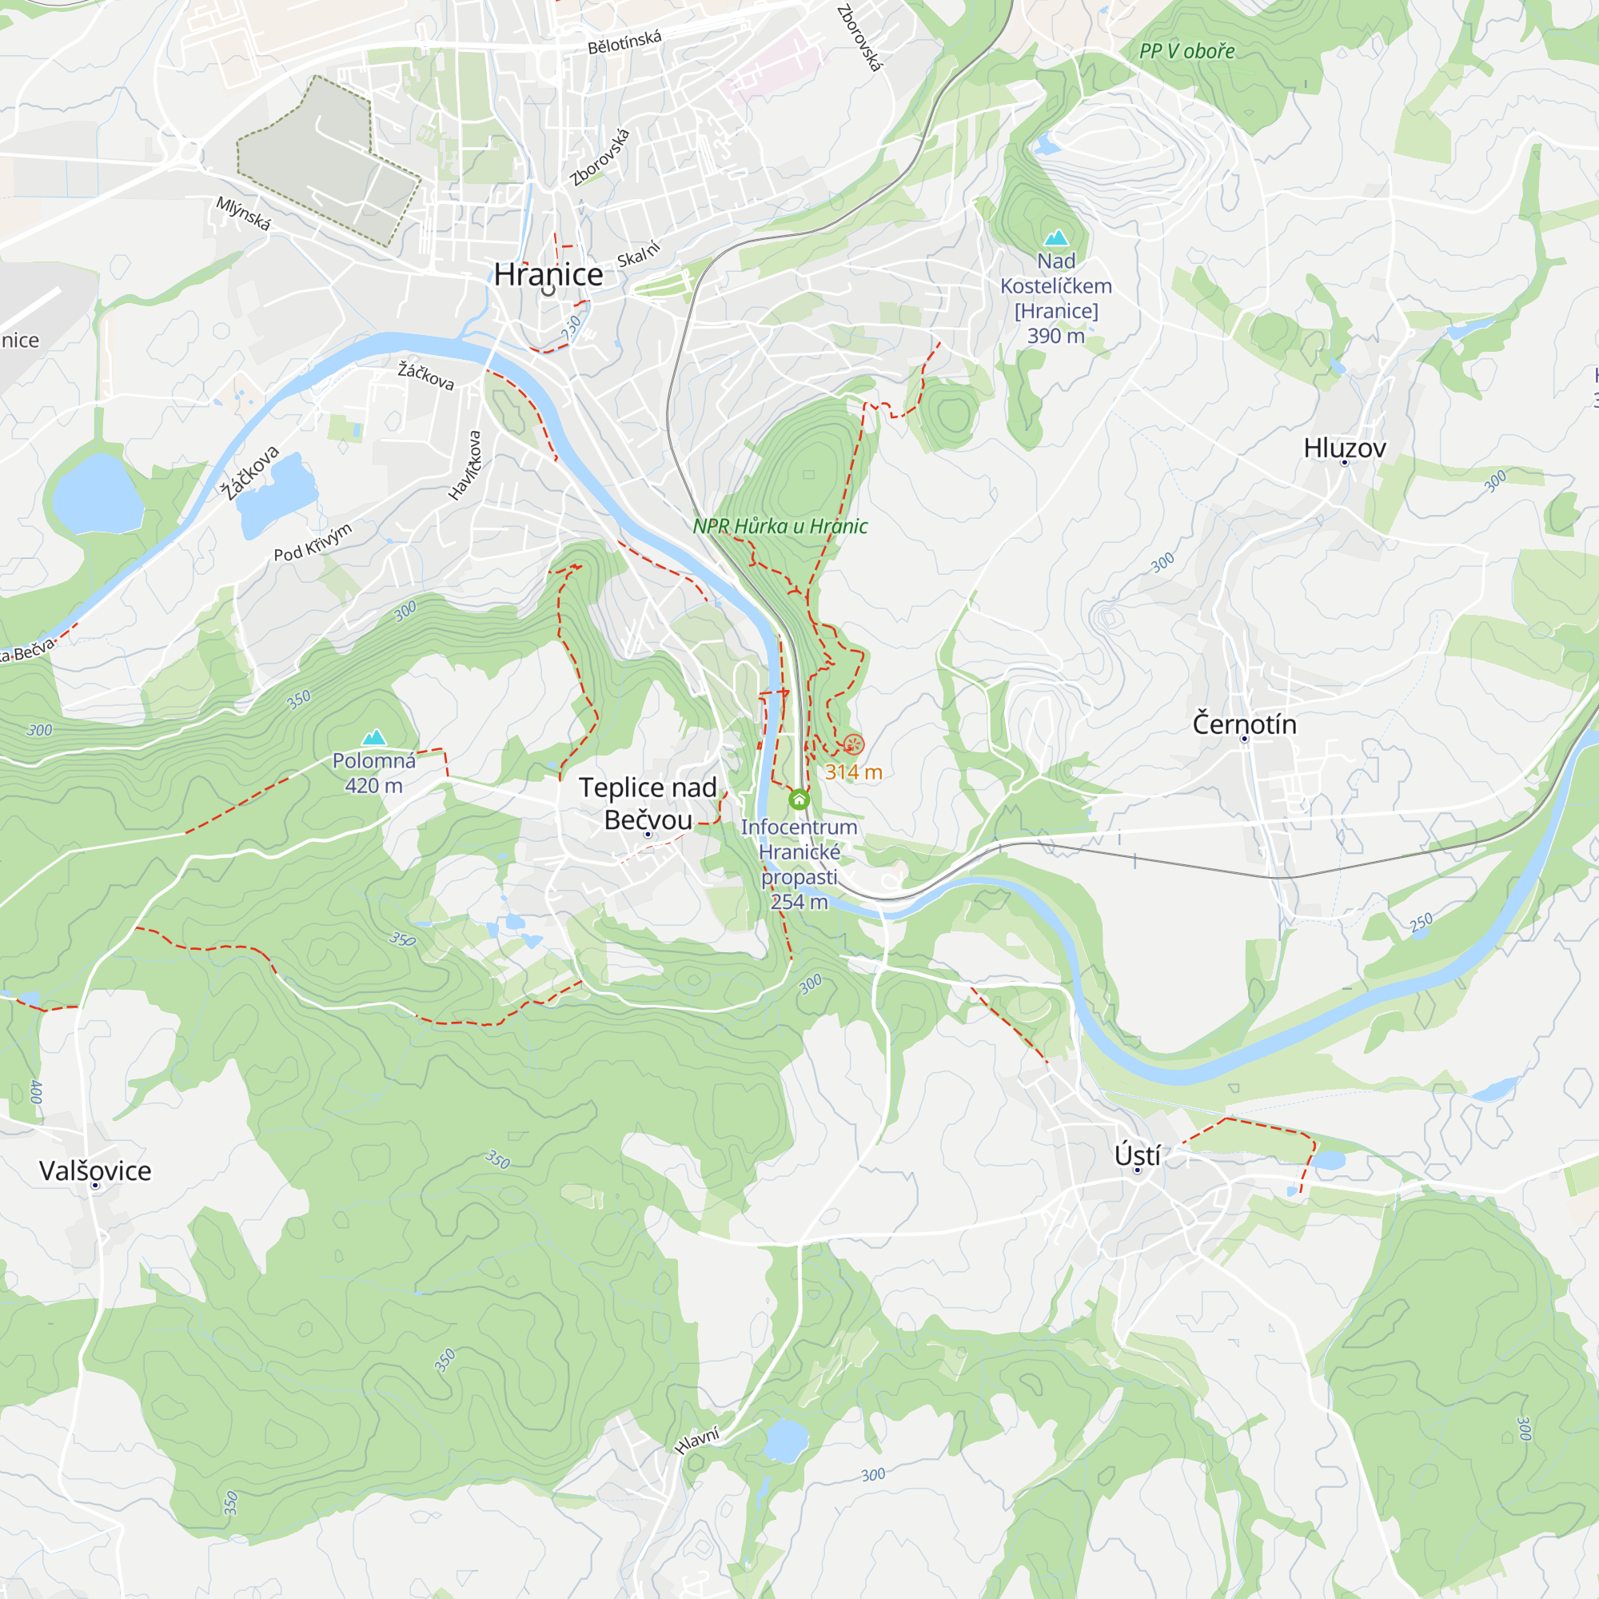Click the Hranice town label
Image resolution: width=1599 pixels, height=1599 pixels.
(x=548, y=275)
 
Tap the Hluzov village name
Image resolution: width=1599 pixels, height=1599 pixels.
(x=1344, y=448)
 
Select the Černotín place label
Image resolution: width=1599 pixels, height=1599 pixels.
(x=1244, y=724)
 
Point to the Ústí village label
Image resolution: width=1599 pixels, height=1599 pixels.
(x=1136, y=1155)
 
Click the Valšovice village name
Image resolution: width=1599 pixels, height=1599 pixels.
(x=95, y=1171)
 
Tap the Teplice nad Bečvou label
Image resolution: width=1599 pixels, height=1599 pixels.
(x=648, y=803)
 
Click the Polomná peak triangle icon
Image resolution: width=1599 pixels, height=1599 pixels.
(x=374, y=736)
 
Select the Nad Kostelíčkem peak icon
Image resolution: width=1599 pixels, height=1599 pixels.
(x=1055, y=238)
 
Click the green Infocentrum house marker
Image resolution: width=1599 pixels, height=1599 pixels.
(x=799, y=799)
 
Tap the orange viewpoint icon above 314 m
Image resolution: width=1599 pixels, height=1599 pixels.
(x=853, y=744)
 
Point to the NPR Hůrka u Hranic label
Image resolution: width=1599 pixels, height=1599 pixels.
(x=780, y=526)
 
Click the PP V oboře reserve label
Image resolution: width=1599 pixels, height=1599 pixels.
(x=1186, y=51)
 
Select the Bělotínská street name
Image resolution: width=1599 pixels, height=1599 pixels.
(x=624, y=42)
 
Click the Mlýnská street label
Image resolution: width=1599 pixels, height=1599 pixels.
(x=243, y=213)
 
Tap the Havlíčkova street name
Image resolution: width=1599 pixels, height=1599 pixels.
(x=465, y=466)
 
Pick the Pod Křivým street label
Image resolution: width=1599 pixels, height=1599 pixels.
(x=313, y=542)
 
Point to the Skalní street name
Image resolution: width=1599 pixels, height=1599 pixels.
(x=639, y=254)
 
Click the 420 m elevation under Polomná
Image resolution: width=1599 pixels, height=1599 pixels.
(x=373, y=785)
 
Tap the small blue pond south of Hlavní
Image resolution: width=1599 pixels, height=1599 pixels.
(x=784, y=1441)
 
